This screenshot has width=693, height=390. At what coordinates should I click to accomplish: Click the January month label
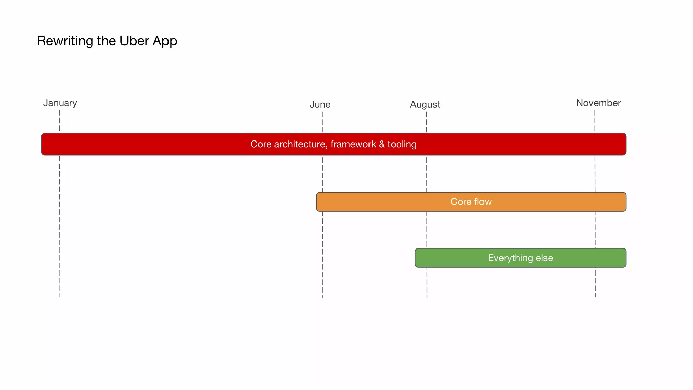point(60,103)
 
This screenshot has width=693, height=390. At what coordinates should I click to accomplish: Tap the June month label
point(320,105)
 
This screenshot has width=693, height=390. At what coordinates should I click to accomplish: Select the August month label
point(425,105)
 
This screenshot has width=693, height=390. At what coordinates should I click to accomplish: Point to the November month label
point(598,103)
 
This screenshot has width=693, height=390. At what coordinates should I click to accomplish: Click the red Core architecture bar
point(169,144)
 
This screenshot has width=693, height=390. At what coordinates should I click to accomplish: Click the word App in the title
point(165,41)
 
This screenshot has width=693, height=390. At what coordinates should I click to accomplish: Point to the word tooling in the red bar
point(402,144)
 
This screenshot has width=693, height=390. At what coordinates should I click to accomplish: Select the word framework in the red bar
point(353,144)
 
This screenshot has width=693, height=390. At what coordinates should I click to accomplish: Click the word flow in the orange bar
point(483,202)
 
